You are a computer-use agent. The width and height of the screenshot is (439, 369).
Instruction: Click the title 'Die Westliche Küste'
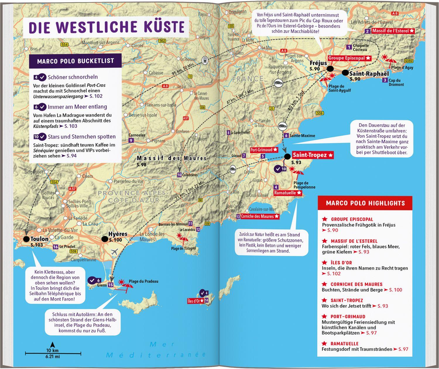click(107, 27)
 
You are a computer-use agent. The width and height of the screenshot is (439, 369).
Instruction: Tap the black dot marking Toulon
click(26, 239)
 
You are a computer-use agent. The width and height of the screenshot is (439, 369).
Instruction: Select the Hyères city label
click(118, 234)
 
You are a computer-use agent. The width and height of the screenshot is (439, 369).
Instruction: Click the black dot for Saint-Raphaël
click(345, 73)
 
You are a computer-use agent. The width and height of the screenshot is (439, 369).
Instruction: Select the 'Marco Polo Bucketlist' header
click(75, 61)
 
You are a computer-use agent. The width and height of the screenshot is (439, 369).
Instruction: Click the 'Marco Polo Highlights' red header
click(365, 203)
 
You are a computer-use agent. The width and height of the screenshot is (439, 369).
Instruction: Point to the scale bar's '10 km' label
click(52, 350)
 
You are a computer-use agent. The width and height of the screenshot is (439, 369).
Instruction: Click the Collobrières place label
click(190, 175)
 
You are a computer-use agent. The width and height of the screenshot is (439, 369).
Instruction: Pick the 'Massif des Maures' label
click(172, 158)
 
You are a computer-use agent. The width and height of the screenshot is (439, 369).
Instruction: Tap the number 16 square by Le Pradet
click(55, 247)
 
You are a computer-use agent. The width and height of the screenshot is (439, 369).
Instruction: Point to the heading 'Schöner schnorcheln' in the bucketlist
click(73, 77)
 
